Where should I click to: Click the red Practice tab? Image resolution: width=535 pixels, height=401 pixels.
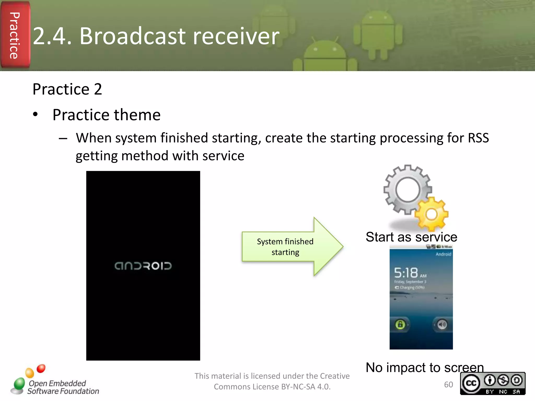(15, 35)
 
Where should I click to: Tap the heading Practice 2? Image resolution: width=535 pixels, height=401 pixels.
(67, 89)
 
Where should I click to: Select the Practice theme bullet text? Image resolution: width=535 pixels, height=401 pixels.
(106, 115)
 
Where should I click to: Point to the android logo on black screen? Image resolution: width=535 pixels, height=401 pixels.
(143, 266)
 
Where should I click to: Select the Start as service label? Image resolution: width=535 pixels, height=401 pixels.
(411, 237)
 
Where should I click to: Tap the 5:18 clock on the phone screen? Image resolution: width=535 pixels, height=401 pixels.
(406, 273)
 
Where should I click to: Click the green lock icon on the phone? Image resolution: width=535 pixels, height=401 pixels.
(400, 325)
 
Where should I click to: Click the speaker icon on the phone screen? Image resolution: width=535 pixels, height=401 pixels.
(442, 325)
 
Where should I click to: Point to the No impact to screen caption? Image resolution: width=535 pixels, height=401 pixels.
(424, 368)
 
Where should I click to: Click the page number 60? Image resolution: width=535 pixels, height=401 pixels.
(448, 385)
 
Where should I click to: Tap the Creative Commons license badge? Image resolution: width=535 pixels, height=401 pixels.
(492, 383)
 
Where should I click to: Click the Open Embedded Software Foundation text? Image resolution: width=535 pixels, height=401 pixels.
(63, 387)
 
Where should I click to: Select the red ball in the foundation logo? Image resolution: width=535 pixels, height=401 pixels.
(41, 368)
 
